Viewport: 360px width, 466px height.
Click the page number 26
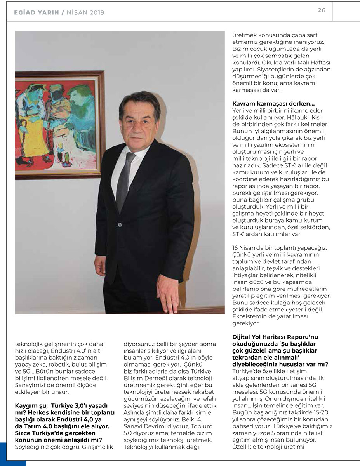tap(322, 10)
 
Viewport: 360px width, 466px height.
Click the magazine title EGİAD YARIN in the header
tap(36, 12)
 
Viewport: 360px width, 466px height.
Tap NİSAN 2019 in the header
tap(85, 12)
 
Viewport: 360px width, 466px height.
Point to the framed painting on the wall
tap(60, 124)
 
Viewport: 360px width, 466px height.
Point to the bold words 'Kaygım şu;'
tap(30, 406)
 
